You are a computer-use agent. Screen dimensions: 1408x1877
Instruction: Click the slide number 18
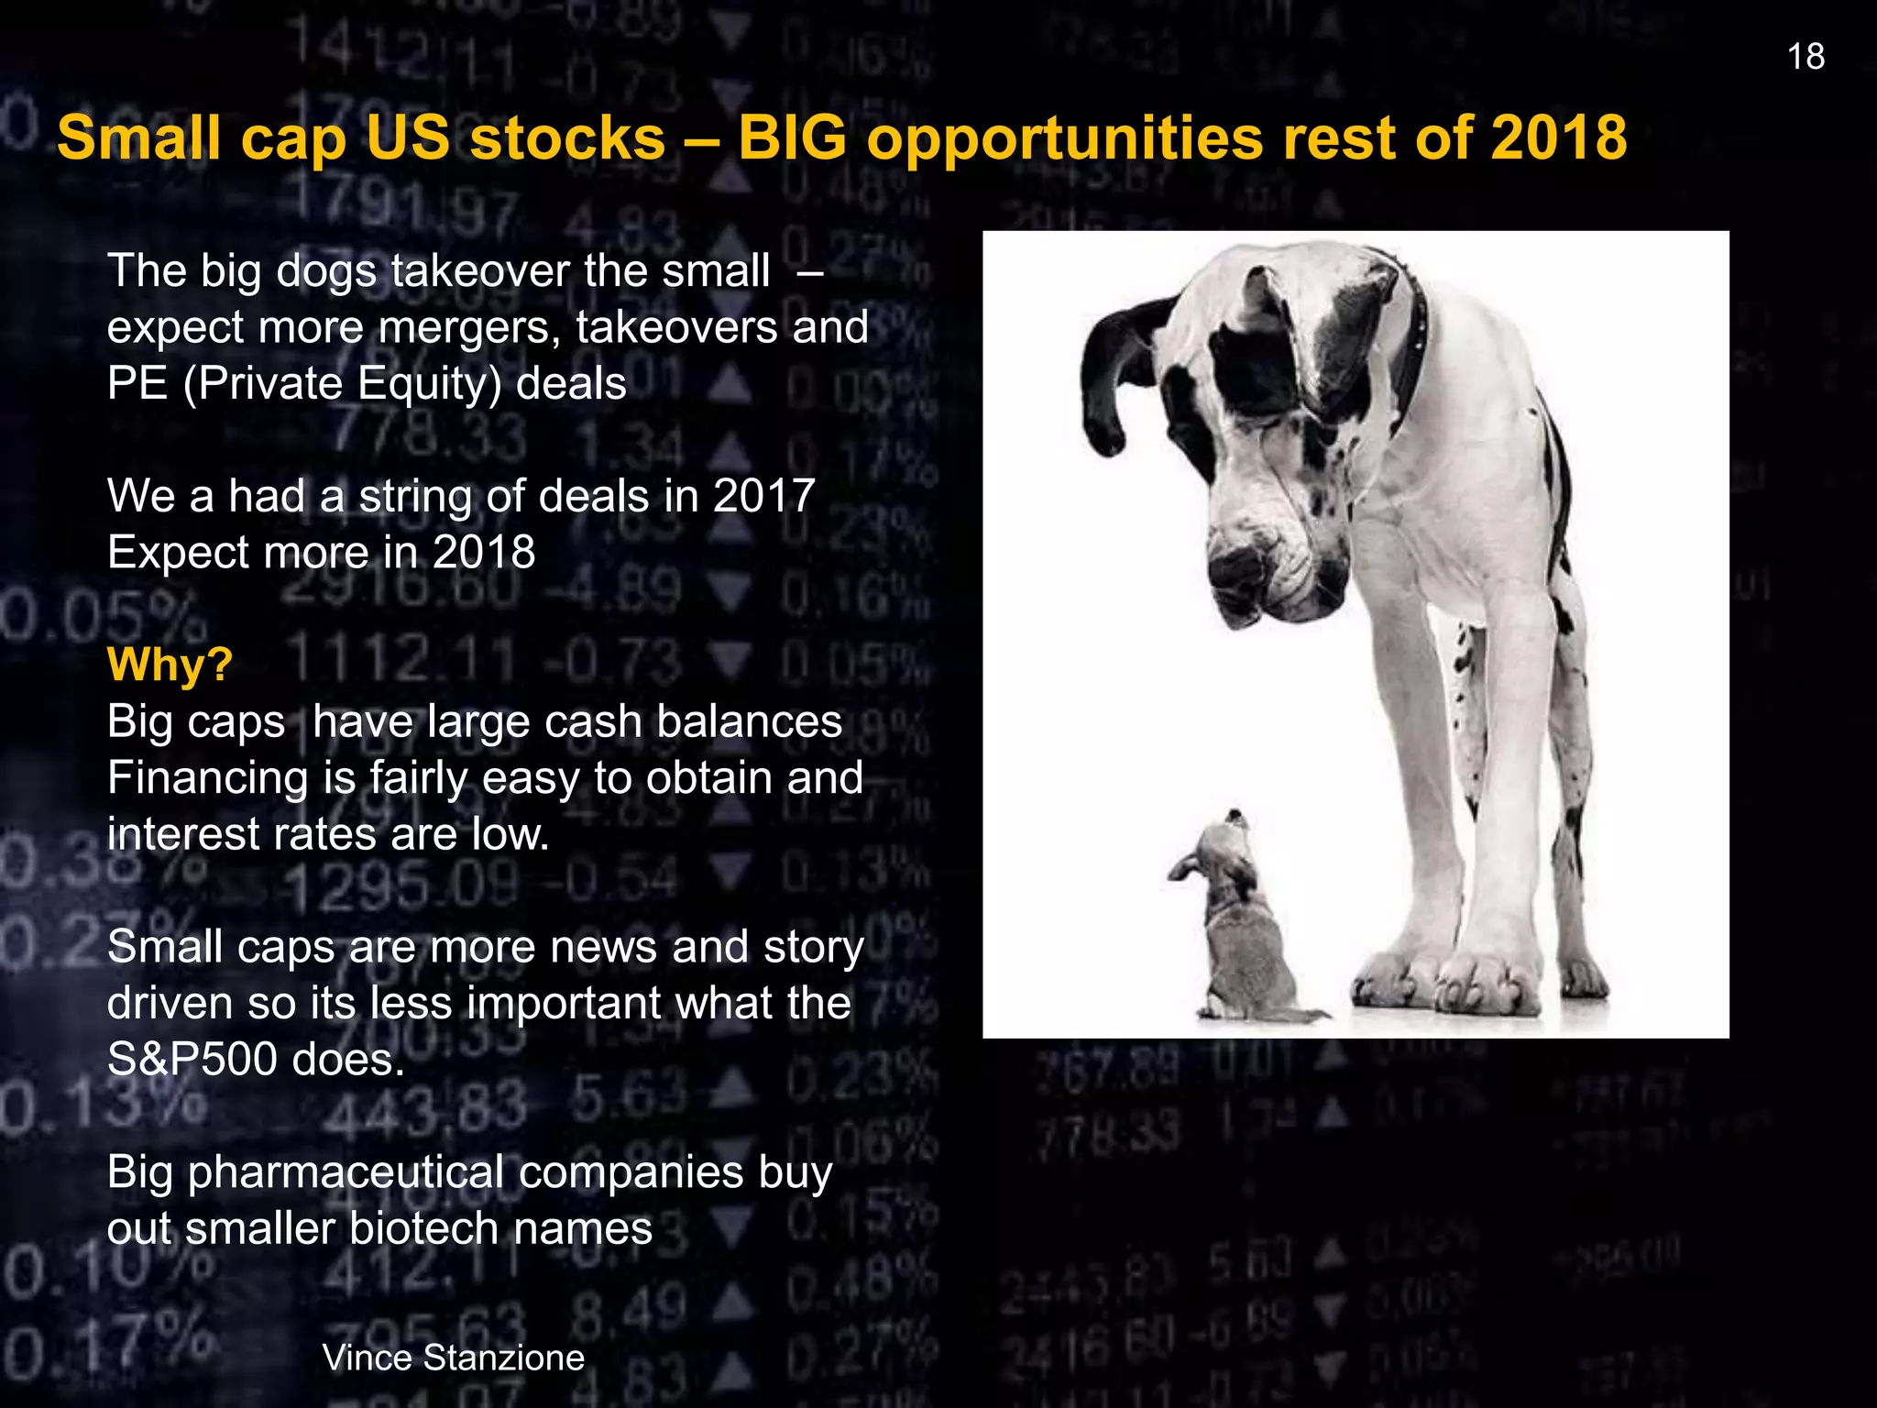(1806, 57)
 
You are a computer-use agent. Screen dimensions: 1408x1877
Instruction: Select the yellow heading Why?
(170, 664)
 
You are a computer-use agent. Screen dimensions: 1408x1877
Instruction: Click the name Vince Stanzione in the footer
(453, 1358)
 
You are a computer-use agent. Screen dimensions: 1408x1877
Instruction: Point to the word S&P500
(192, 1060)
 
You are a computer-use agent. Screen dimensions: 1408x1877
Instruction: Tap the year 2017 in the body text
(763, 496)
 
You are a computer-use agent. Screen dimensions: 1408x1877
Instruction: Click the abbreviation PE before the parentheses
(137, 383)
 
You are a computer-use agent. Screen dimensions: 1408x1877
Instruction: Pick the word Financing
(207, 778)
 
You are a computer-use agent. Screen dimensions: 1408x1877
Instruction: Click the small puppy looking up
(1237, 926)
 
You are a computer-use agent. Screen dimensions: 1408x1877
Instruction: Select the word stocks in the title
(567, 137)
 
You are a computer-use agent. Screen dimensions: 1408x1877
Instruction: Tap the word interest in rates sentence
(183, 834)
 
